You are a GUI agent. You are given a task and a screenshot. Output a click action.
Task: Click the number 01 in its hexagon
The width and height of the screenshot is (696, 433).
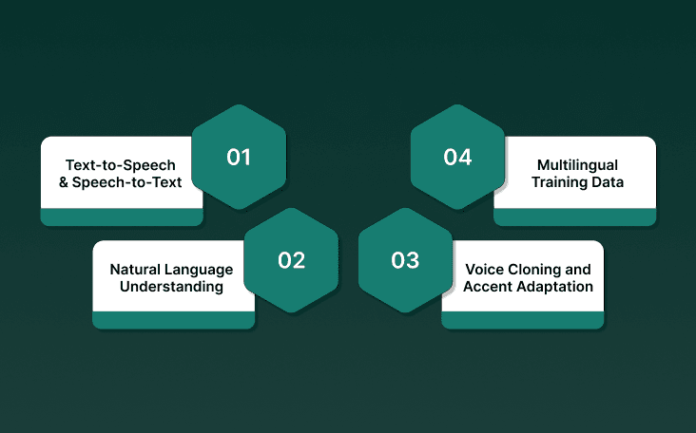(239, 157)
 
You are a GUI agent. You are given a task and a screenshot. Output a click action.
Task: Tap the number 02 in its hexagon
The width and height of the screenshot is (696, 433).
(291, 259)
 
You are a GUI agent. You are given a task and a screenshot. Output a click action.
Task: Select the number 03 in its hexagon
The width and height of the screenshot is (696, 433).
(405, 259)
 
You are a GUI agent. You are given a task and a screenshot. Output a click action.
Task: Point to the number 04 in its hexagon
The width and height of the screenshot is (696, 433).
(457, 157)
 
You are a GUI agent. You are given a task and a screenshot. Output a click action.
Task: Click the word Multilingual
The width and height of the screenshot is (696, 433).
(578, 164)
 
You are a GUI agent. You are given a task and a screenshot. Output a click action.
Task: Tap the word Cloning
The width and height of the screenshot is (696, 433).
(536, 270)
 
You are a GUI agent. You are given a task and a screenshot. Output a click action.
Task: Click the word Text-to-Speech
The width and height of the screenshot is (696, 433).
(122, 165)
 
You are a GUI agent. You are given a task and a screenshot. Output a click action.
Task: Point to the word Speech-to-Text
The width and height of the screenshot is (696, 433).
(134, 181)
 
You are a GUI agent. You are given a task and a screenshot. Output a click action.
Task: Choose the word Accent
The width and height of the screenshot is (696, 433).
(489, 287)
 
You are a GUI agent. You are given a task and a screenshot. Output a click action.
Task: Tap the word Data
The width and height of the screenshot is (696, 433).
(607, 181)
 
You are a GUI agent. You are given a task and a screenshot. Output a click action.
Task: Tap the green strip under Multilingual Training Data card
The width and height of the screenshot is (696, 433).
(574, 217)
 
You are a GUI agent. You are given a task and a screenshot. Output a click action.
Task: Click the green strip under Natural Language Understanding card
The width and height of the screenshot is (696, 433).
(173, 320)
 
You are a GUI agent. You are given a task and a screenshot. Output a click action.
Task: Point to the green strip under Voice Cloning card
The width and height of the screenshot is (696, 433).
(522, 320)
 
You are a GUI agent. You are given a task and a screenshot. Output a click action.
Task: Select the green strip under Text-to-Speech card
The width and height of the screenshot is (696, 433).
(121, 217)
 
